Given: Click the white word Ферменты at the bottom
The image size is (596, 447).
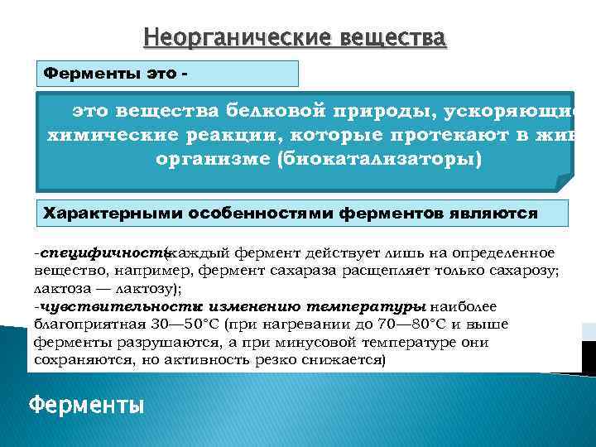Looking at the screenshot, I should (86, 406).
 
